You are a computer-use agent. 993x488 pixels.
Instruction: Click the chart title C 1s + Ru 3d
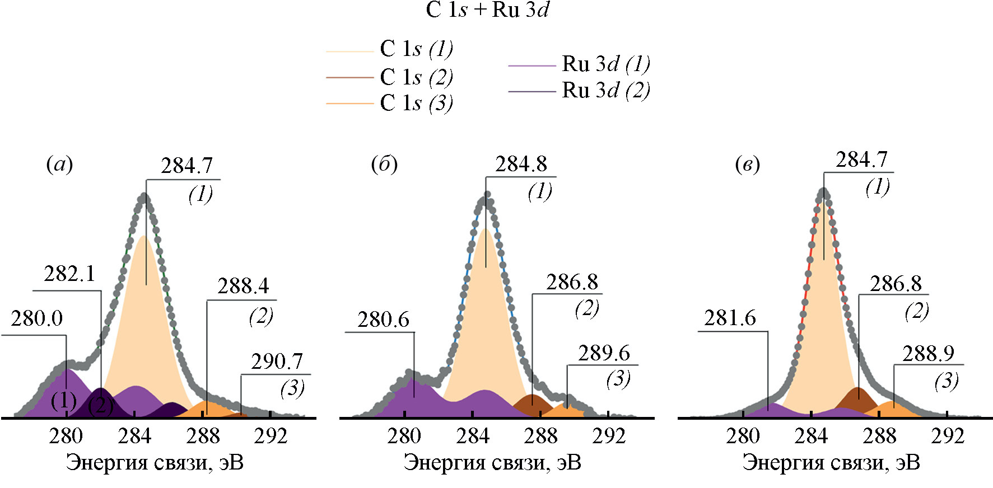tap(487, 11)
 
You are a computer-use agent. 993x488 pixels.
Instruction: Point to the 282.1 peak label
tap(69, 274)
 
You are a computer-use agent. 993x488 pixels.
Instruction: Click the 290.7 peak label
tap(277, 362)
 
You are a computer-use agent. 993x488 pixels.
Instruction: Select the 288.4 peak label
tap(243, 287)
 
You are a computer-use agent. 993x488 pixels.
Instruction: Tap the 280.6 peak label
tap(384, 320)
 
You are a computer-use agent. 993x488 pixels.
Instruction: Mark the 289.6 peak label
tap(604, 354)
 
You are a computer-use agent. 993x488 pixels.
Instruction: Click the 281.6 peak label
tap(730, 318)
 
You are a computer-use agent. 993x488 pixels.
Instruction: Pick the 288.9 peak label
tap(929, 354)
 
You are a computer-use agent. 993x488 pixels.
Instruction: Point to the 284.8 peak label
tap(521, 165)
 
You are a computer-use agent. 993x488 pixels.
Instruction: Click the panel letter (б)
tap(384, 165)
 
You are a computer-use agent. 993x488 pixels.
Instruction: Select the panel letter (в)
tap(747, 165)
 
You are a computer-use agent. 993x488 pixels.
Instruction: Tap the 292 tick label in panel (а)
tap(271, 436)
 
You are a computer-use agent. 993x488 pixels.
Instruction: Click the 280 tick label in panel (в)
tap(743, 436)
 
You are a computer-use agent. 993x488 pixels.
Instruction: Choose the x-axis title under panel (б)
tap(492, 463)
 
